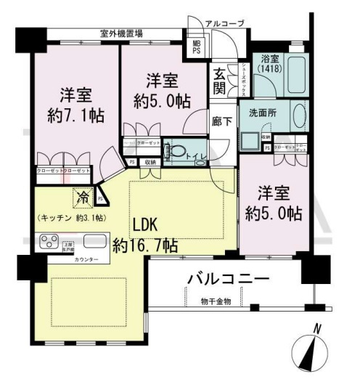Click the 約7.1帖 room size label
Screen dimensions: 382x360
[x=75, y=115]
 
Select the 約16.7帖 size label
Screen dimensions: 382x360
[x=145, y=245]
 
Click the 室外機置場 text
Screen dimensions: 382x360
[x=121, y=33]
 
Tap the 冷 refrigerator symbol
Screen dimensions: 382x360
[x=82, y=195]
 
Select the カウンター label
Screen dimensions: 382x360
[x=86, y=259]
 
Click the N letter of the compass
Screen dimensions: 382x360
[x=316, y=328]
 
